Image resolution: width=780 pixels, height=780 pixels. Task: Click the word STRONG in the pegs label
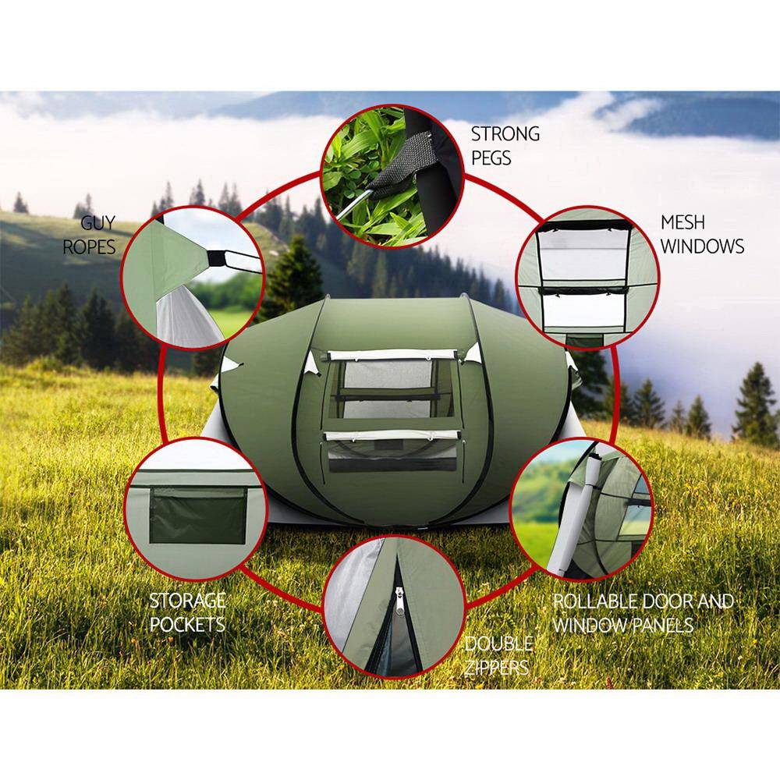pos(505,133)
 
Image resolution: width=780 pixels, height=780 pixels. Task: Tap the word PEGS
pos(491,157)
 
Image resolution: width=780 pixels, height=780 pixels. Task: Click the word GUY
pos(99,224)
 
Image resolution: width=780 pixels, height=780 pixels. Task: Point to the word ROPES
pos(89,247)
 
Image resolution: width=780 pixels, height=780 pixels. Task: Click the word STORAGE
pos(187,600)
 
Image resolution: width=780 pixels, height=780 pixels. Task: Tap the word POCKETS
pos(187,624)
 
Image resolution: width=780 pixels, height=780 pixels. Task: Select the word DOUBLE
pos(499,643)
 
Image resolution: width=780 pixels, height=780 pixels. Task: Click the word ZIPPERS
pos(496,668)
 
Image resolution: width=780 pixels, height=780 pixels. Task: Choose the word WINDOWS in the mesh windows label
pos(702,246)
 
